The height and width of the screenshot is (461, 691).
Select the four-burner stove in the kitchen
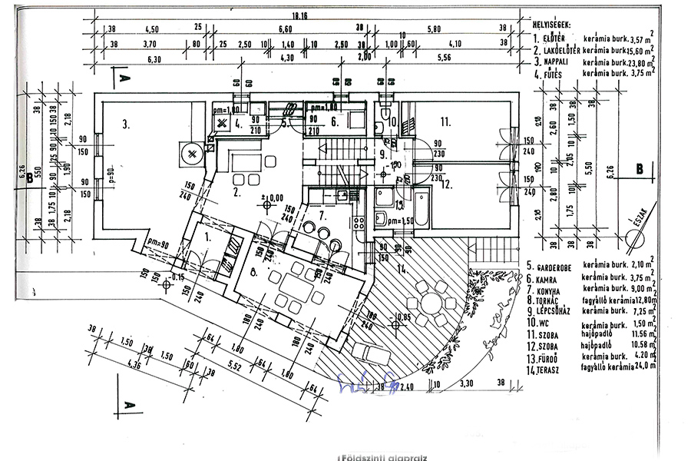pos(359,224)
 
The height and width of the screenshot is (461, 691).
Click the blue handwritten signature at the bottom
pos(367,376)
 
